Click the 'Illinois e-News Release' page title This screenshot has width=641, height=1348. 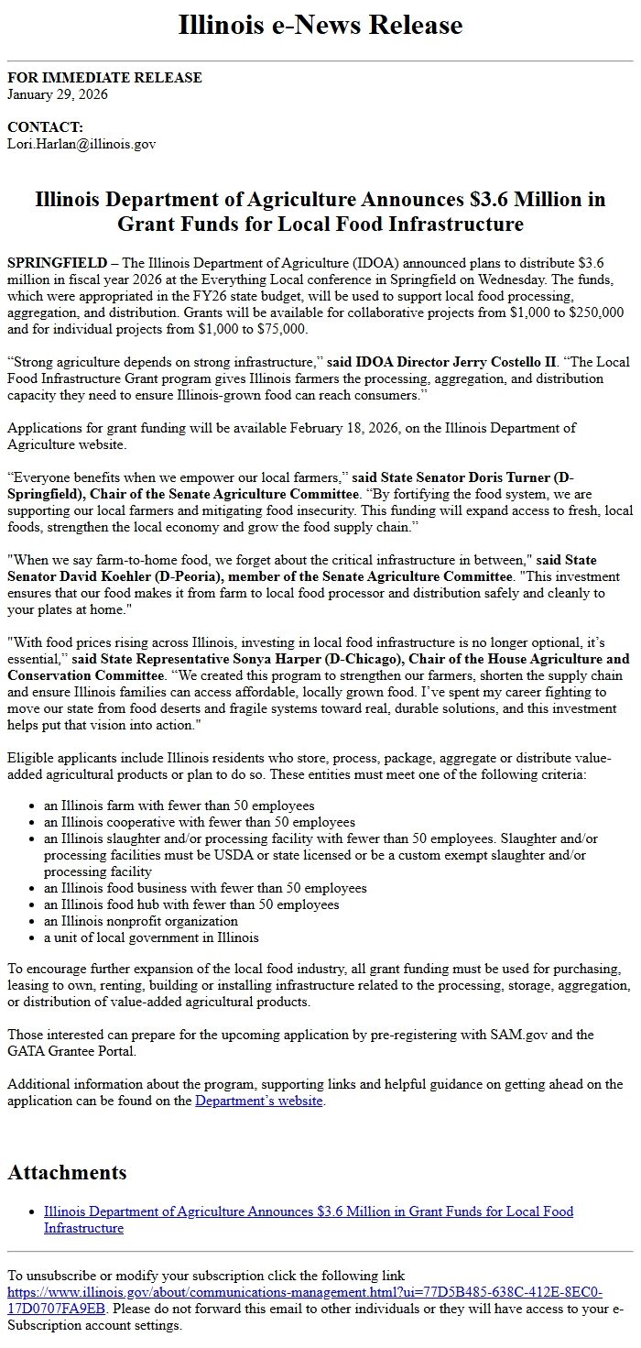click(x=320, y=25)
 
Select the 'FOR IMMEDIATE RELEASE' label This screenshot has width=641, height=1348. click(x=104, y=78)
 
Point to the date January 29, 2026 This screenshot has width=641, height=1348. click(x=58, y=93)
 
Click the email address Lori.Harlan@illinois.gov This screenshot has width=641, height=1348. click(x=81, y=144)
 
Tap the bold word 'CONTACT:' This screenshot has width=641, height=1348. click(x=45, y=127)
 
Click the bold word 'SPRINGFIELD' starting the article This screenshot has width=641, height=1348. click(x=56, y=263)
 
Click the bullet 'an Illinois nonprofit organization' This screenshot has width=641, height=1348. click(x=141, y=921)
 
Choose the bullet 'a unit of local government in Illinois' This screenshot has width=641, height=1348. click(x=151, y=937)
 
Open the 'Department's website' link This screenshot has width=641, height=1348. click(x=259, y=1101)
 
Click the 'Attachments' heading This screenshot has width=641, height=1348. click(x=67, y=1172)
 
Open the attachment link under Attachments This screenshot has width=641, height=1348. click(x=308, y=1211)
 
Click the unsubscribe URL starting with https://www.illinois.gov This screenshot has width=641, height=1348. click(x=304, y=1292)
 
